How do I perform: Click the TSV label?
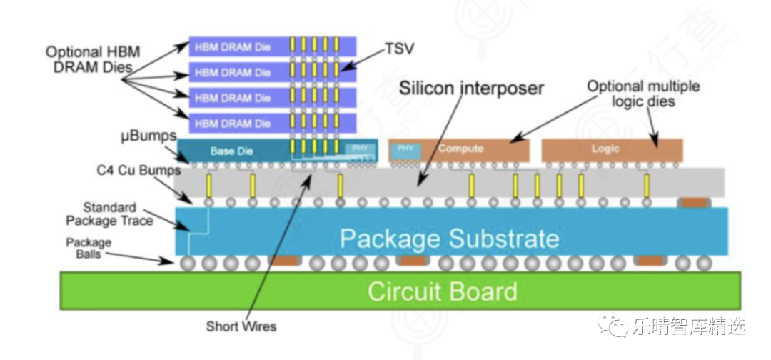(400, 50)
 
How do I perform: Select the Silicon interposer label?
(471, 89)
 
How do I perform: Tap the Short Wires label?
(241, 326)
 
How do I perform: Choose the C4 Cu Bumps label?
(133, 171)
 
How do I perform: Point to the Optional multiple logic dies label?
(642, 94)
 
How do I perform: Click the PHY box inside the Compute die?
(405, 149)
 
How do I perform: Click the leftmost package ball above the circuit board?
(187, 264)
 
